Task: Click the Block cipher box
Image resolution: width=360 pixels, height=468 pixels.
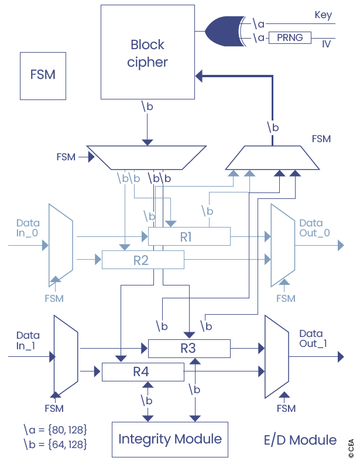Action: coord(148,52)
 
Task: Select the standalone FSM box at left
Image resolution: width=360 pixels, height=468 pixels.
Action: coord(43,75)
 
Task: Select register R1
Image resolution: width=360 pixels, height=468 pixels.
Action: coord(188,237)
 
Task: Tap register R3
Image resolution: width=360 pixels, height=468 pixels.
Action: coord(188,349)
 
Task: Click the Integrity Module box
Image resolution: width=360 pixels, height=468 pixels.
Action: coord(170,439)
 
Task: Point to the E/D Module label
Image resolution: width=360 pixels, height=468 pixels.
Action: coord(300,440)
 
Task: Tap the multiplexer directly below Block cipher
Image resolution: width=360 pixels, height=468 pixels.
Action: coord(146,156)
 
